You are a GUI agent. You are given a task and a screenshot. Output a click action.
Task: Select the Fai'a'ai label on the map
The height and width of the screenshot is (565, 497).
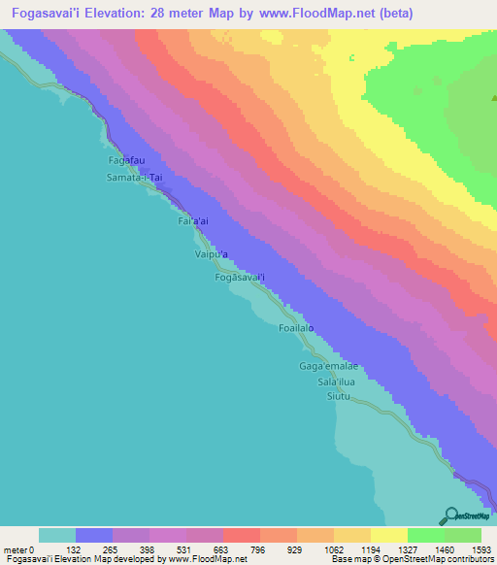tap(193, 221)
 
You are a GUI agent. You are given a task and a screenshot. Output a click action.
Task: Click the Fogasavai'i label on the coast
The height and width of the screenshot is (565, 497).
tap(240, 278)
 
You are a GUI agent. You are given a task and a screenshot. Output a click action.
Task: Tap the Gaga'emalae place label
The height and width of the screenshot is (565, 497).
tap(328, 366)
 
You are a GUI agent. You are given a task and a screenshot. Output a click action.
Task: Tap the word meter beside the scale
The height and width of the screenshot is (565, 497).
tap(16, 550)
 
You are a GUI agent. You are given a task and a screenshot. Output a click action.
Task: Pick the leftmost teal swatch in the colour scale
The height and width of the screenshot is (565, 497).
tap(57, 535)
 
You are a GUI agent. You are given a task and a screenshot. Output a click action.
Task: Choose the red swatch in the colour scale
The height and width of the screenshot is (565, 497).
tap(241, 535)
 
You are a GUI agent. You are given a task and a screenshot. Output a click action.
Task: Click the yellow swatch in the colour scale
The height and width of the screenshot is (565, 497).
tap(388, 535)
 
